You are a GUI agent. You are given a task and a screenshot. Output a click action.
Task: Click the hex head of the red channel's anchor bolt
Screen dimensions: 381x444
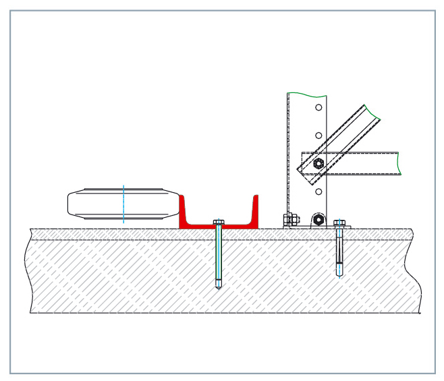pyautogui.click(x=219, y=221)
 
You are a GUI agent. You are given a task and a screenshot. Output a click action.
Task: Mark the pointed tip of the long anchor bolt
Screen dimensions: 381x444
pyautogui.click(x=219, y=289)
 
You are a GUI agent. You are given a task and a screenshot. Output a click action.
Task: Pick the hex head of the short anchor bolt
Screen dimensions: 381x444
pyautogui.click(x=339, y=222)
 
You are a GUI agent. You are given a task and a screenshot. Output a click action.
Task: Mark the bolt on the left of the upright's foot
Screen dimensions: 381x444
pyautogui.click(x=290, y=219)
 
